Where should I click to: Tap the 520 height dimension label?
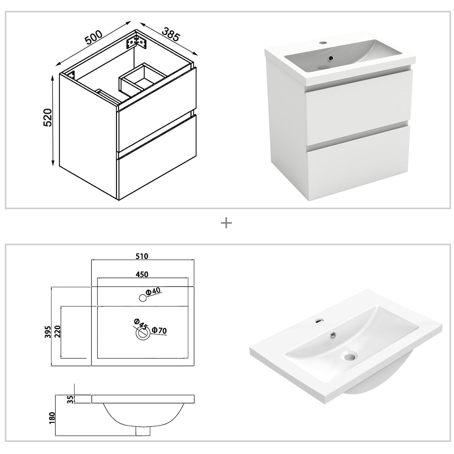click(x=47, y=118)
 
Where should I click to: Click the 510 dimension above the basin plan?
click(x=142, y=256)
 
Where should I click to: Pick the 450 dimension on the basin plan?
click(x=142, y=274)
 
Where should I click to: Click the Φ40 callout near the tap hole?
click(x=154, y=291)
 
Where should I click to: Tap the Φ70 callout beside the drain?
click(x=159, y=330)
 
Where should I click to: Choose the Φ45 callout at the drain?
click(x=140, y=324)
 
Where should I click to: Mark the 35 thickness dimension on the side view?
click(x=70, y=399)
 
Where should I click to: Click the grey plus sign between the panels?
click(x=226, y=223)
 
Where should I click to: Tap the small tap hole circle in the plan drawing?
click(x=143, y=298)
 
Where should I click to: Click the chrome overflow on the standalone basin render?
click(x=332, y=336)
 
